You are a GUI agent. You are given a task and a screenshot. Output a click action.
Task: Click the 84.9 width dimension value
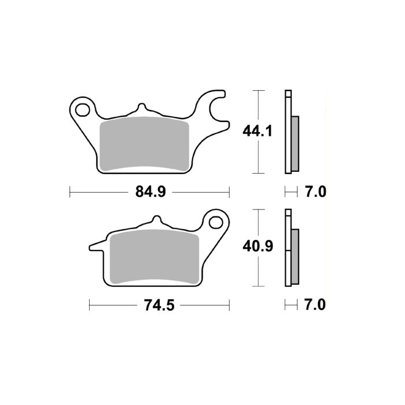(x=150, y=192)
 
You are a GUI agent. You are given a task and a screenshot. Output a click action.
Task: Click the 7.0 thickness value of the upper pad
(x=315, y=192)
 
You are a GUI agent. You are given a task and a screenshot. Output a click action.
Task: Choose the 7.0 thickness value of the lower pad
(x=315, y=304)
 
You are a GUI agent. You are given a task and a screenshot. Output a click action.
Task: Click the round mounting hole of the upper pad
(x=82, y=108)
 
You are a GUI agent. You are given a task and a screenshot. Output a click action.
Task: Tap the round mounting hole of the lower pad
(x=216, y=222)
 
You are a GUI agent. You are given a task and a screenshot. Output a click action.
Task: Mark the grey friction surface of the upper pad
(x=145, y=145)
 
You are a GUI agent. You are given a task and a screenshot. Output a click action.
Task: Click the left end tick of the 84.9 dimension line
(x=69, y=192)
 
